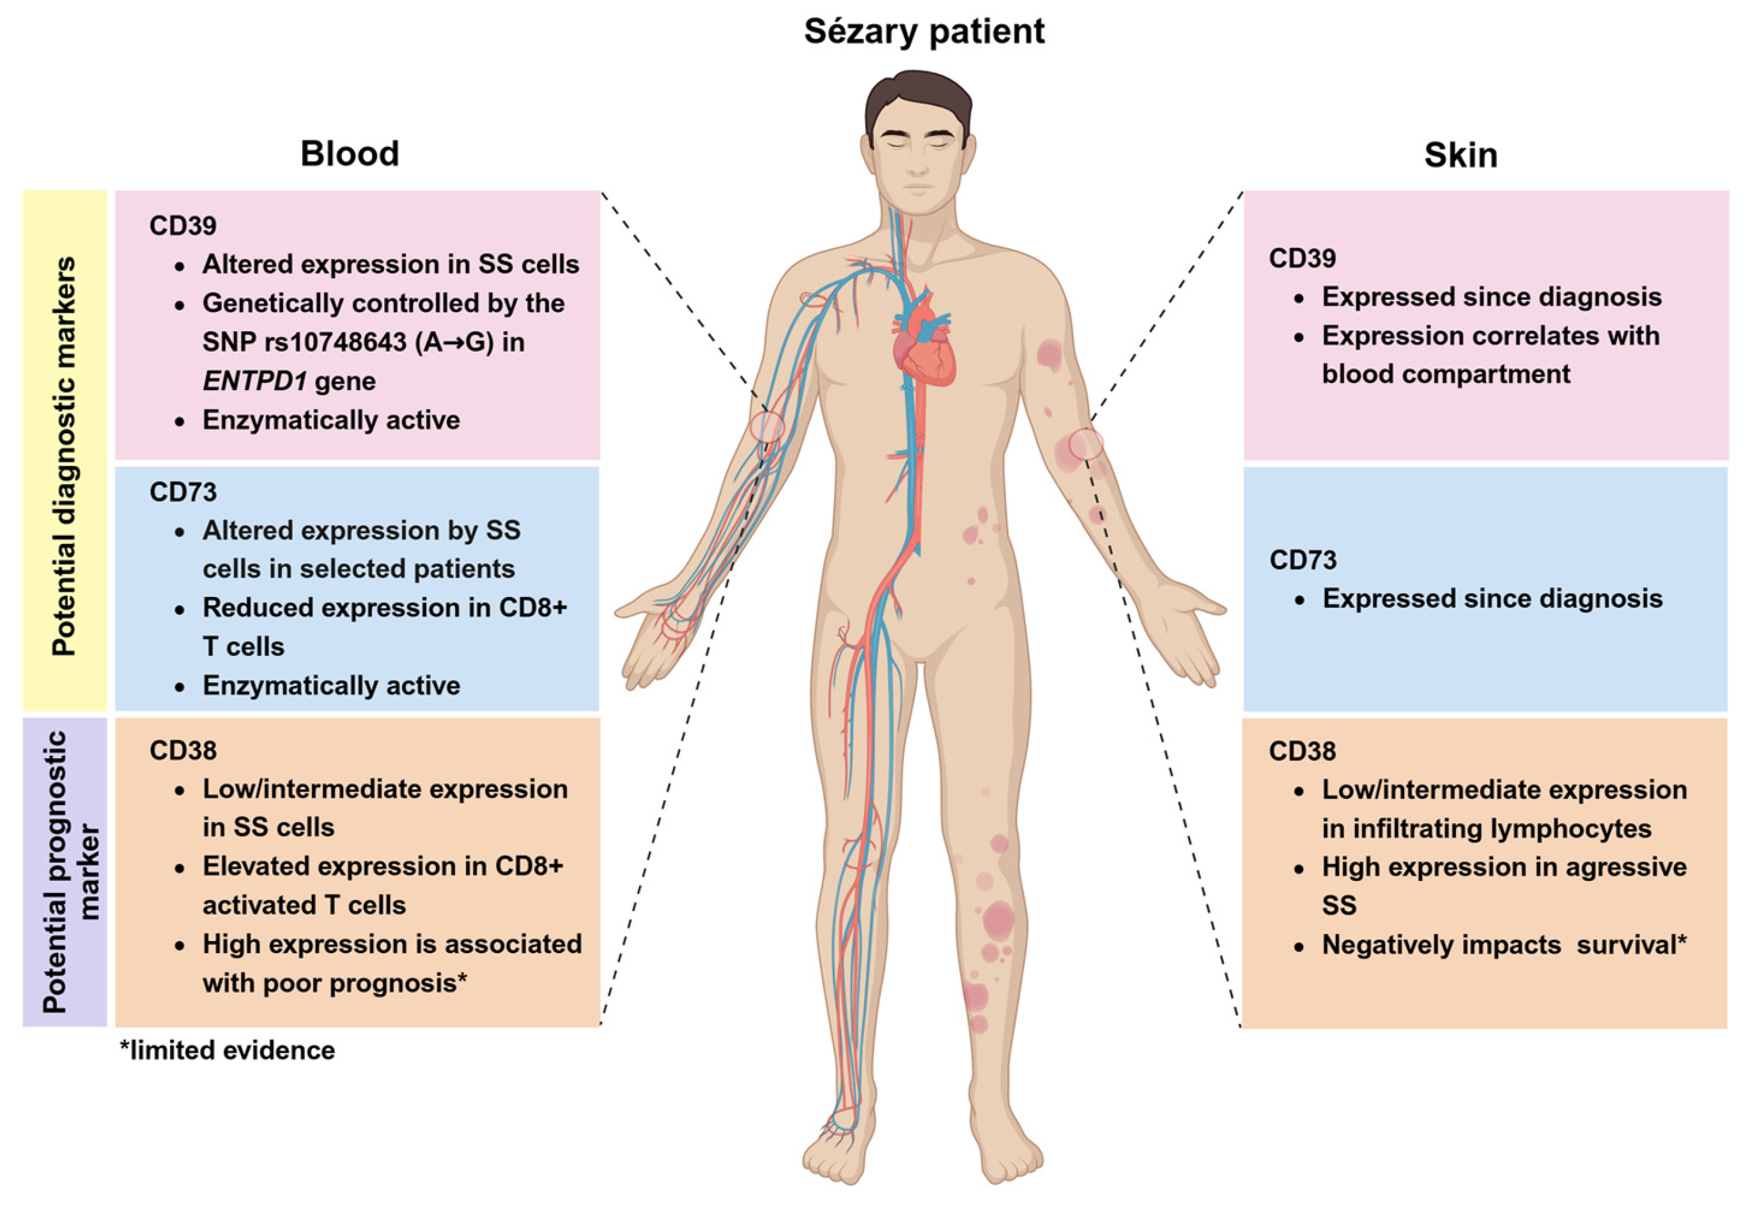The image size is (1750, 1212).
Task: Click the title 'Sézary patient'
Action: pos(924,32)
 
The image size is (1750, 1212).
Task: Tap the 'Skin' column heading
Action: pos(1460,155)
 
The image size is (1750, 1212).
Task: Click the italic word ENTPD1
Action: pos(254,381)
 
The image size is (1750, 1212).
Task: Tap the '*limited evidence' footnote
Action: pos(227,1050)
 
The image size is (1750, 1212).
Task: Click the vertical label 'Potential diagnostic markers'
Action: pos(64,456)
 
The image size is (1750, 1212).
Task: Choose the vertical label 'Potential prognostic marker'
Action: pos(64,872)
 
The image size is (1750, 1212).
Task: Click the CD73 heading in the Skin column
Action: pos(1303,561)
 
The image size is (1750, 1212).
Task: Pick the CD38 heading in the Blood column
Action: pos(183,750)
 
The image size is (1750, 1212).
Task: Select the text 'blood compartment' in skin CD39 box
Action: pos(1446,375)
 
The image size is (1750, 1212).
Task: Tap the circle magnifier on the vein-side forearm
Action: pos(766,427)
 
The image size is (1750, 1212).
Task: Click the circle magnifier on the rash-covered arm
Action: pos(1086,444)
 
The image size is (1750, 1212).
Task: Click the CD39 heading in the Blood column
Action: pos(183,226)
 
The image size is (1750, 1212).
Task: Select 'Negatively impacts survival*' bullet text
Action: pos(1503,945)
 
